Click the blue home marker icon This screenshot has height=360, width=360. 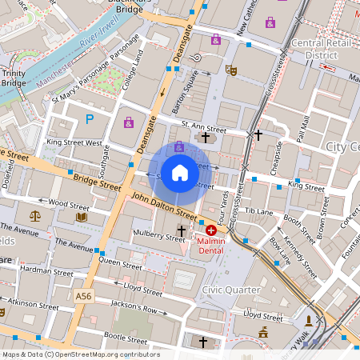pos(180,172)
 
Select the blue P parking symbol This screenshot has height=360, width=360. pos(90,120)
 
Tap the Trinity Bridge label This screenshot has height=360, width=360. pos(14,78)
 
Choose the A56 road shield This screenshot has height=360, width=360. pos(83,296)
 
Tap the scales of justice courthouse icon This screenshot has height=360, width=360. pos(34,216)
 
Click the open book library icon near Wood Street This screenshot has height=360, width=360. pos(81,216)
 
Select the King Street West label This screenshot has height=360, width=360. pos(74,142)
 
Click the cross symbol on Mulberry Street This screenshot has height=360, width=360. pos(182,231)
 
